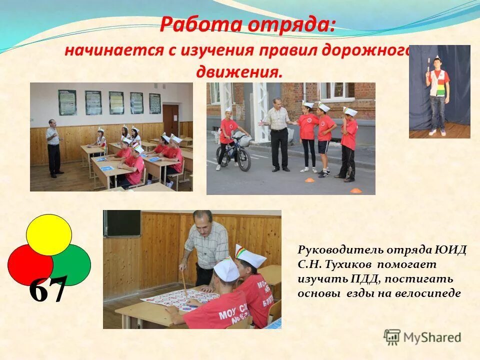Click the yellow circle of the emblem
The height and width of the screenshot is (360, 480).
49,233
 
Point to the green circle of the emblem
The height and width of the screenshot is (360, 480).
74,263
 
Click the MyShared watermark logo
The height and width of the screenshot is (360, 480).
422,337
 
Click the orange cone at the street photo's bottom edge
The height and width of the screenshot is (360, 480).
355,190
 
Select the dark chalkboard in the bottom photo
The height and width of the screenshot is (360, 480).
122,223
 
